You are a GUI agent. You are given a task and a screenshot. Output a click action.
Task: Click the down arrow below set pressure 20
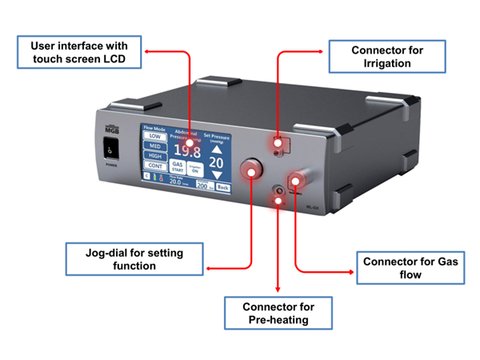tap(216, 175)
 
